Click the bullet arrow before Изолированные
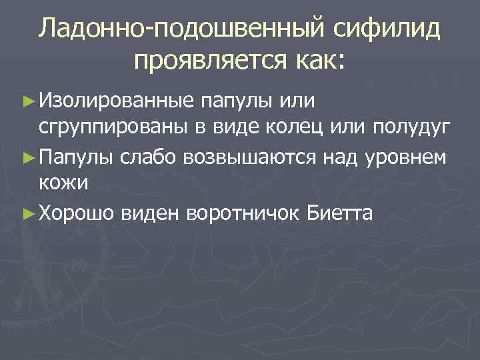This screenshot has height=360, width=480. pyautogui.click(x=28, y=103)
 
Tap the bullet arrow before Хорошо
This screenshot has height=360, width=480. pyautogui.click(x=28, y=213)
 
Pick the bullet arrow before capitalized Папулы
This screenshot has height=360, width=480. pyautogui.click(x=28, y=158)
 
